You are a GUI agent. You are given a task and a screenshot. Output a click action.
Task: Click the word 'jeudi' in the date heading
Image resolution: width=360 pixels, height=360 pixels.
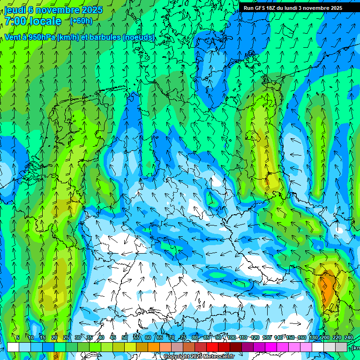15,10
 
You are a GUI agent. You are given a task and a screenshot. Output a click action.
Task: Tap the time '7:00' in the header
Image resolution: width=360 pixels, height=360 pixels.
15,21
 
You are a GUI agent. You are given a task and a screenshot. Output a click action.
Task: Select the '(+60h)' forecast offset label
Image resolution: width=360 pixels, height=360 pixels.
81,21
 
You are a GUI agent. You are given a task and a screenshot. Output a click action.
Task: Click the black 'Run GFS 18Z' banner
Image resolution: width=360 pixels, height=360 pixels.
292,8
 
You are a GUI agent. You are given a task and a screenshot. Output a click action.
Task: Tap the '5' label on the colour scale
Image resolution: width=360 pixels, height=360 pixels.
18,338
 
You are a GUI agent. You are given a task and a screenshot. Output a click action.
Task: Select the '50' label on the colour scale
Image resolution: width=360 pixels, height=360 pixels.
124,338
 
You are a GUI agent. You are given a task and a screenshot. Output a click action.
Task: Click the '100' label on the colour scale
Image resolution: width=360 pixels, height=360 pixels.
231,338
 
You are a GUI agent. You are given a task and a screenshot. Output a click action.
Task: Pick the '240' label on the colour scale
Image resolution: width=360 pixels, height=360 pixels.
348,338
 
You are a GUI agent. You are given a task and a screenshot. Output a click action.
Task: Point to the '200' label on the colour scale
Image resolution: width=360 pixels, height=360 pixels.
325,338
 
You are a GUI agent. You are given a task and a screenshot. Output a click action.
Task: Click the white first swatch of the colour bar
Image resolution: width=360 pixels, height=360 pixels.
13,347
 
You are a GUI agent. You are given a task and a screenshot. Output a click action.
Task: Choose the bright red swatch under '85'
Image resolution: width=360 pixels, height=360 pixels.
212,347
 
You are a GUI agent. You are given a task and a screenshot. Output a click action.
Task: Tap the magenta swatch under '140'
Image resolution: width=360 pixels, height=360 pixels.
283,347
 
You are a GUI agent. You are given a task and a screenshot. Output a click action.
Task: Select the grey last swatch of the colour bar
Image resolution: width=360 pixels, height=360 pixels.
341,347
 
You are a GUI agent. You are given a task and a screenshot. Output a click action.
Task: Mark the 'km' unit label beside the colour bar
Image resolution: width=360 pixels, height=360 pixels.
356,348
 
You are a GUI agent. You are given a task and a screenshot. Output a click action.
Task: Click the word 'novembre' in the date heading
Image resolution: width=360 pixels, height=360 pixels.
59,10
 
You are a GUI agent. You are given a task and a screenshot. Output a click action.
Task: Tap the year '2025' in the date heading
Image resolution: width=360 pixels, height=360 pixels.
92,10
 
